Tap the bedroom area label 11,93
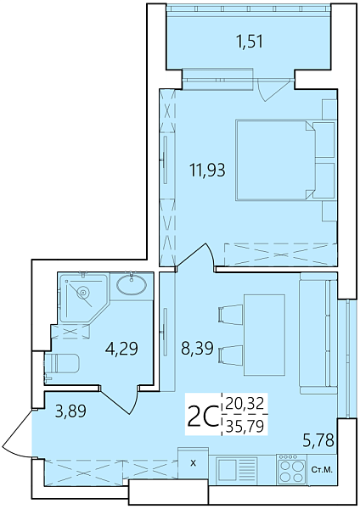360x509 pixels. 208,170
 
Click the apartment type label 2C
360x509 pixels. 202,417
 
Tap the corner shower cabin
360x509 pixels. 81,296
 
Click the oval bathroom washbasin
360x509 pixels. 132,284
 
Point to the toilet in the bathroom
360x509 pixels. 61,364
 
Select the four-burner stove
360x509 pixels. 290,468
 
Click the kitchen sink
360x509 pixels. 236,469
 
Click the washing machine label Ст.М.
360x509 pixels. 322,469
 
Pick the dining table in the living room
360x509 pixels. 264,334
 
